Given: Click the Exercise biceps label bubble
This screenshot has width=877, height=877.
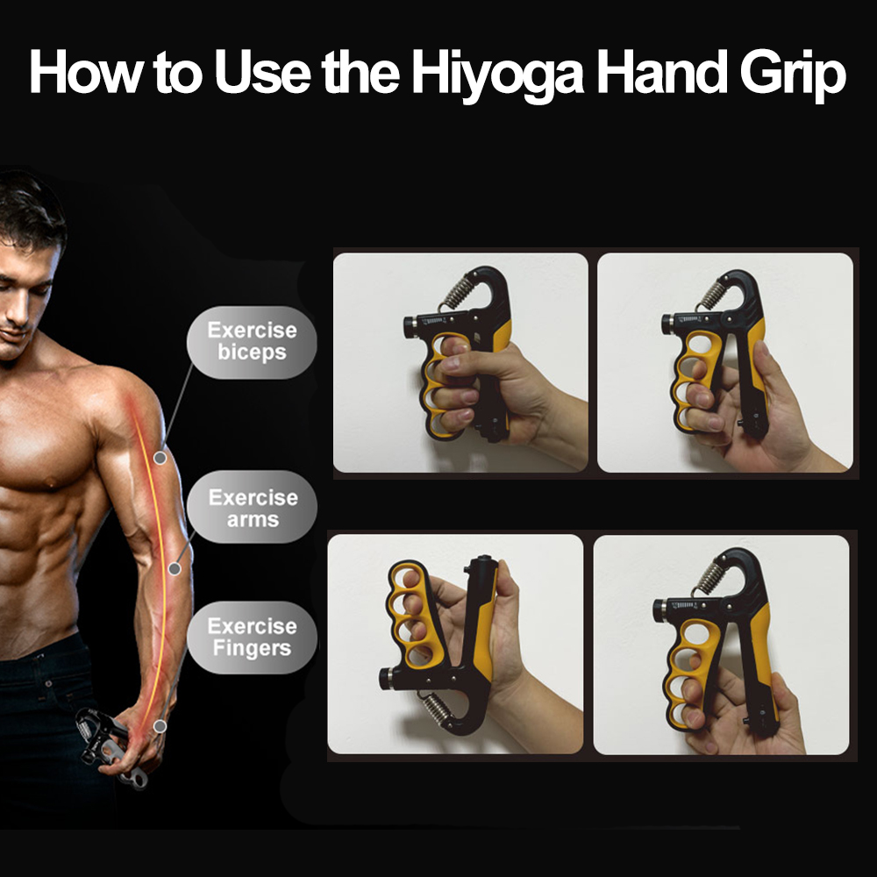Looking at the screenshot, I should [x=252, y=342].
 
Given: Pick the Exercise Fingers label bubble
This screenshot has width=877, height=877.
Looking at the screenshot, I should [x=252, y=638].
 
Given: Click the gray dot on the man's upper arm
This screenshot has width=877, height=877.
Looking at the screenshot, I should [x=160, y=458].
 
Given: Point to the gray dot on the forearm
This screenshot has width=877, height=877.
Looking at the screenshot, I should [x=175, y=569].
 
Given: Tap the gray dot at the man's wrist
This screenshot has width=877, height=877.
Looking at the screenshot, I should [x=160, y=726].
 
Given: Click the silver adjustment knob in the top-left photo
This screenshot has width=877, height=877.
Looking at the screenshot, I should [x=410, y=325].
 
